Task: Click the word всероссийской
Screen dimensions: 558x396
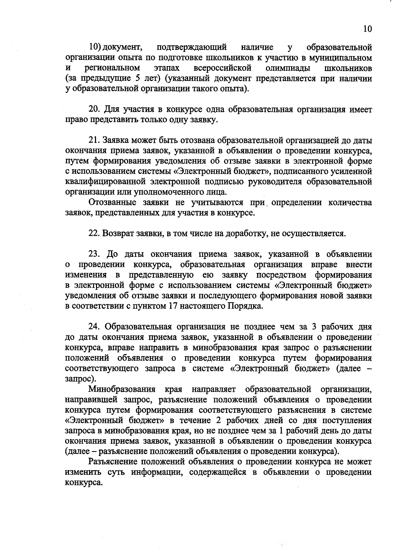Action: (x=222, y=68)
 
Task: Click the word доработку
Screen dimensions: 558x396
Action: (x=246, y=234)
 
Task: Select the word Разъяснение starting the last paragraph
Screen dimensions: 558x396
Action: (x=114, y=462)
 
